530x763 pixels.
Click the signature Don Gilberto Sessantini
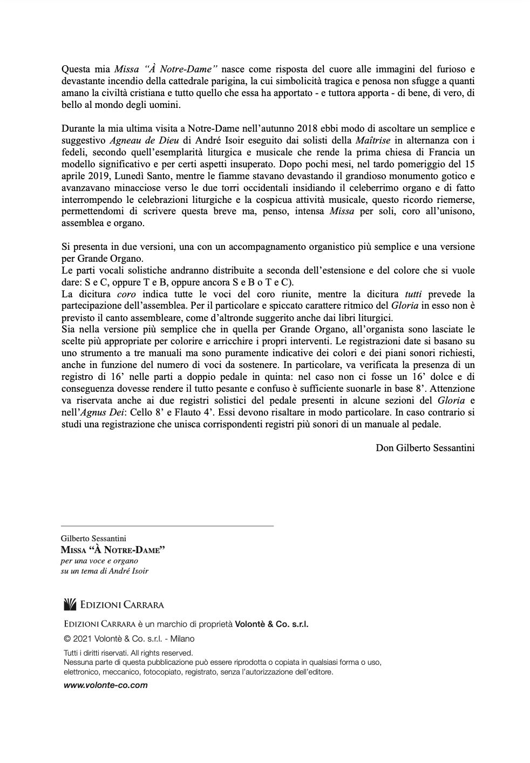425,447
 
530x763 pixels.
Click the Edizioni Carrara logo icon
70,604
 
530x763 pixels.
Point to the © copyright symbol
67,639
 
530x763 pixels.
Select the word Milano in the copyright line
182,639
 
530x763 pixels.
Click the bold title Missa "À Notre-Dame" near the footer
112,550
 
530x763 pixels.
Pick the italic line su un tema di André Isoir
104,570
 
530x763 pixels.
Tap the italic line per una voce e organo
99,561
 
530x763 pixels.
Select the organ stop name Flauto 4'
231,412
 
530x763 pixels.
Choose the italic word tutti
414,294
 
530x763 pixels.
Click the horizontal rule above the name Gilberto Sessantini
167,525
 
